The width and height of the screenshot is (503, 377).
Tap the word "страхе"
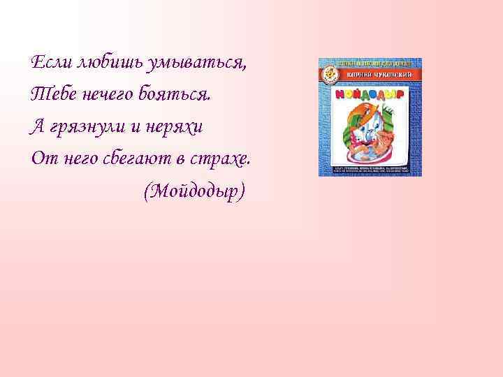click(x=224, y=159)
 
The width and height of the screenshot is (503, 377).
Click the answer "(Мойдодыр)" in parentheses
click(x=194, y=191)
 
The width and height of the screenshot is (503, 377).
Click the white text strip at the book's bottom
click(x=369, y=170)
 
